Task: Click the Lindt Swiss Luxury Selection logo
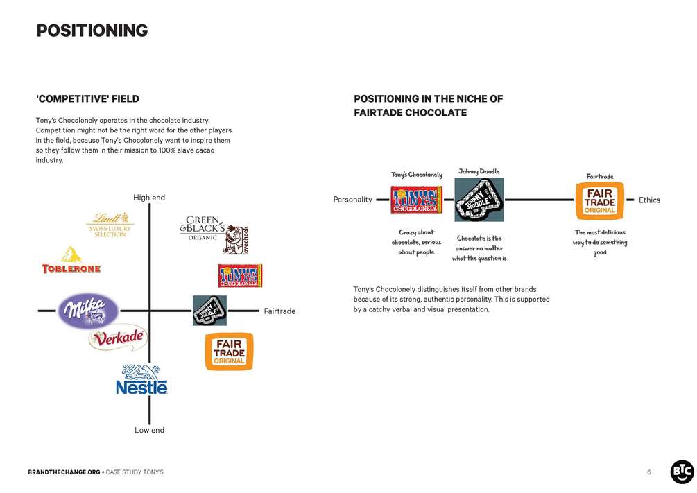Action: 110,225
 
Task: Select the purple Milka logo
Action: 87,311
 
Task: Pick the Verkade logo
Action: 118,338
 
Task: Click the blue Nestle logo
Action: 141,379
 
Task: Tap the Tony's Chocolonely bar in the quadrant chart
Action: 240,276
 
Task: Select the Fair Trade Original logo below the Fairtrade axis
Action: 229,352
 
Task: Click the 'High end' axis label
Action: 149,198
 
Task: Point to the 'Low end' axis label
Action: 149,430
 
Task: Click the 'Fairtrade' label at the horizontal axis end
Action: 279,311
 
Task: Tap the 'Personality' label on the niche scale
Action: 353,200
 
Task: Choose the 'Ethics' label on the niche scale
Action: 649,200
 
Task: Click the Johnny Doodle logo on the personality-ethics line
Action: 479,200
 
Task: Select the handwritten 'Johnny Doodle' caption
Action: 479,171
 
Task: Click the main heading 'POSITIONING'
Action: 92,31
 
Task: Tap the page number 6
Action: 649,472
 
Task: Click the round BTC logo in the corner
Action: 681,472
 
